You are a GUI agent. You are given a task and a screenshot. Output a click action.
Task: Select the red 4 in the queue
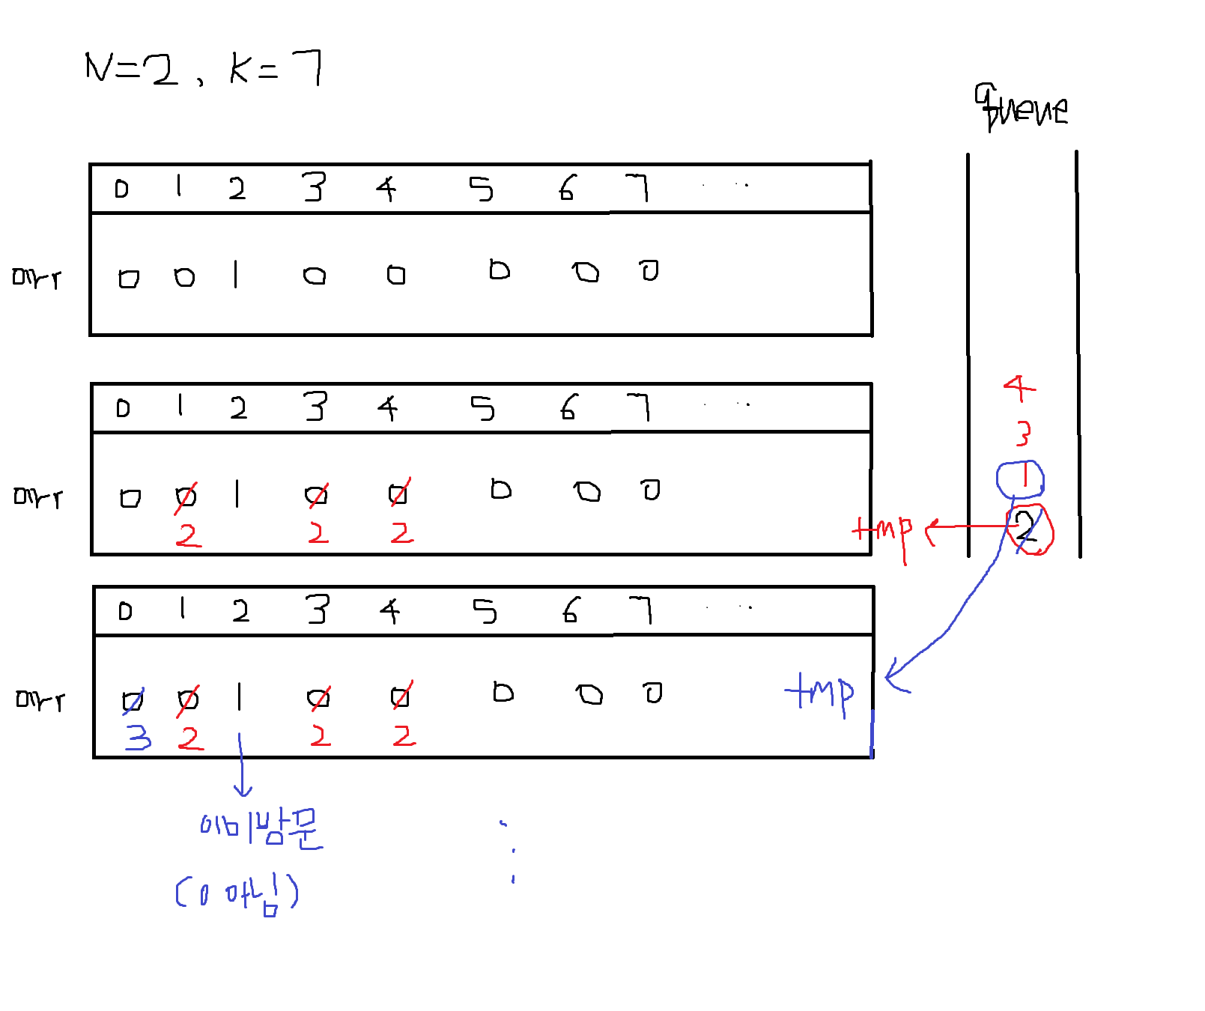[1019, 388]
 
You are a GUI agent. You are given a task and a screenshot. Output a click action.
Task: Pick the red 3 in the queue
[1023, 434]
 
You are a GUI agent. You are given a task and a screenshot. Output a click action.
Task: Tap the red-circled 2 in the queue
[1029, 529]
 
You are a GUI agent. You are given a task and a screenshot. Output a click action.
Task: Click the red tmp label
[882, 532]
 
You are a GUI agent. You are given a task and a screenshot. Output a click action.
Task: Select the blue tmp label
[819, 693]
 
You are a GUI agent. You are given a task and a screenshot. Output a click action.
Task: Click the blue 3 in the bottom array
[139, 737]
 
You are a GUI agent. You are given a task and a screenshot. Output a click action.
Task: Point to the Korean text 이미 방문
[261, 828]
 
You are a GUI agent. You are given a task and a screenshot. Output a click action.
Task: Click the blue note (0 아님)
[237, 893]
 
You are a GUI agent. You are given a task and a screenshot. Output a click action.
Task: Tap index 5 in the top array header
[481, 189]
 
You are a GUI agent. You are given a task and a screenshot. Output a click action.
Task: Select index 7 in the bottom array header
[640, 610]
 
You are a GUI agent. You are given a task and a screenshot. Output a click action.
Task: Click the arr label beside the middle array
[38, 497]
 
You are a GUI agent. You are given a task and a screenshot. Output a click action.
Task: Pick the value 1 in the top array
[236, 274]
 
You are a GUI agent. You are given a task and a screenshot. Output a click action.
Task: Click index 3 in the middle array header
[315, 407]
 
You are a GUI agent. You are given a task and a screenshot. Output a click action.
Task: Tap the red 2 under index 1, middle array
[188, 535]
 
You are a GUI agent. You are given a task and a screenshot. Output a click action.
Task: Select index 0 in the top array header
[121, 189]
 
